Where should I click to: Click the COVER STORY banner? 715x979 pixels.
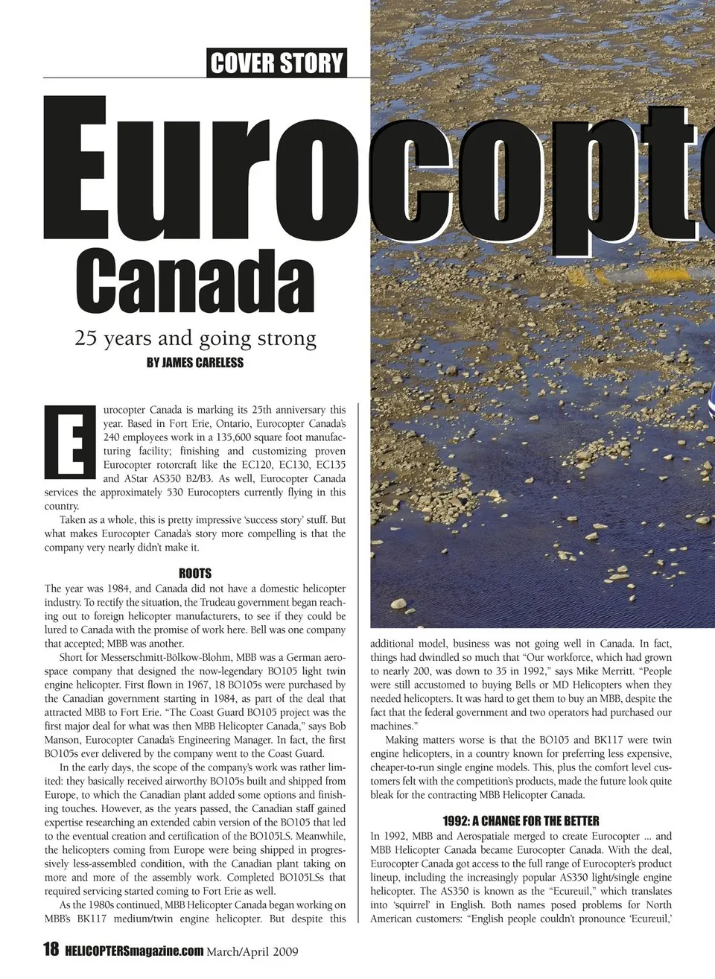(277, 63)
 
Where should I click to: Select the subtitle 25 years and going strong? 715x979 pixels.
(195, 339)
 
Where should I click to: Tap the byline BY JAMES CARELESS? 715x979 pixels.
(195, 363)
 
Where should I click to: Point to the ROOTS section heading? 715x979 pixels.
(195, 574)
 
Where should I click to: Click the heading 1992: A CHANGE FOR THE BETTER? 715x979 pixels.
(521, 821)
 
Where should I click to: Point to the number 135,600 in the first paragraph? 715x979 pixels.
(214, 437)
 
